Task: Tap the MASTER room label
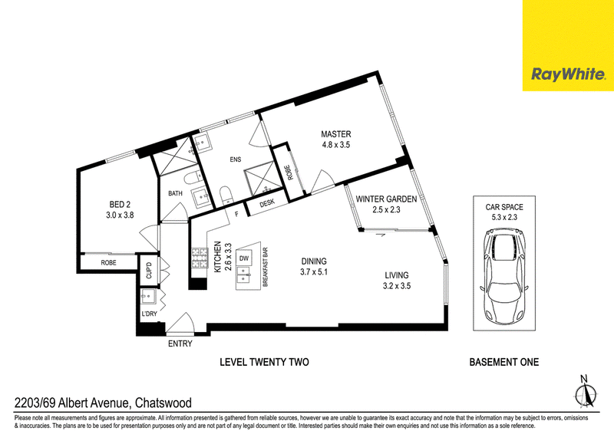click(x=336, y=134)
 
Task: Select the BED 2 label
click(x=120, y=204)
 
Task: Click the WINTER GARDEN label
click(x=386, y=199)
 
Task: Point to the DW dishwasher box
click(x=244, y=258)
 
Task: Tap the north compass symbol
click(x=585, y=393)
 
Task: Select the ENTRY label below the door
click(x=180, y=344)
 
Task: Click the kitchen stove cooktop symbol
click(x=199, y=258)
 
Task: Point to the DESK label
click(x=267, y=203)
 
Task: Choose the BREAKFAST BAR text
click(x=265, y=267)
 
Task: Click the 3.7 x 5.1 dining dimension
click(x=314, y=271)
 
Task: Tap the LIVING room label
click(x=397, y=275)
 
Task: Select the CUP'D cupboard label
click(x=148, y=271)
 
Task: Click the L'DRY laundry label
click(x=149, y=314)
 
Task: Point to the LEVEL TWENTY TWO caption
click(x=264, y=362)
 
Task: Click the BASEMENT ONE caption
click(x=504, y=362)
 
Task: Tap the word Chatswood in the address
click(x=163, y=403)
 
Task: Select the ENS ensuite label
click(x=236, y=159)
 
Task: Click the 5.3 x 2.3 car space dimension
click(x=504, y=217)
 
